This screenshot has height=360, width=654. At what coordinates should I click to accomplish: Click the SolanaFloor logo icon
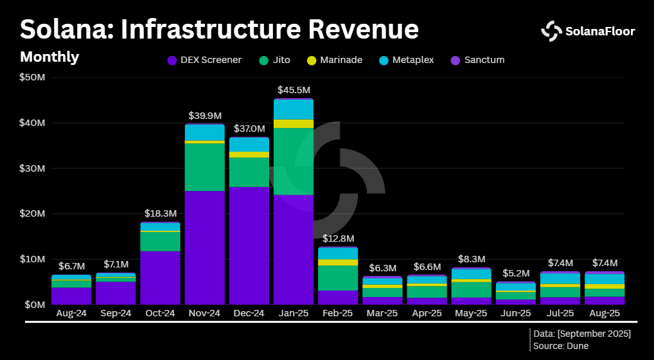[551, 30]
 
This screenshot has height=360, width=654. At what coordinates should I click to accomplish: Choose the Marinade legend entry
[335, 60]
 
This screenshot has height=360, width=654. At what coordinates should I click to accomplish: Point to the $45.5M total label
[293, 90]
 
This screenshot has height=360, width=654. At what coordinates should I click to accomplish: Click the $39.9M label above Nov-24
[204, 116]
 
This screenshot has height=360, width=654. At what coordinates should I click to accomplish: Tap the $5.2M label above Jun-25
[515, 273]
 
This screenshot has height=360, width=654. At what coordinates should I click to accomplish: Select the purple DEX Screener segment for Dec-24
[249, 245]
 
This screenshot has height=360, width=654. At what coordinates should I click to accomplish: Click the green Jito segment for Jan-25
[293, 161]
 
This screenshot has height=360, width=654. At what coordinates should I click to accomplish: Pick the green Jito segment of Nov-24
[204, 167]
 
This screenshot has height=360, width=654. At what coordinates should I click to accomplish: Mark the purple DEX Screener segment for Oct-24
[160, 277]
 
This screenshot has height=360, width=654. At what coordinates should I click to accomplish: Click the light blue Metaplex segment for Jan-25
[293, 110]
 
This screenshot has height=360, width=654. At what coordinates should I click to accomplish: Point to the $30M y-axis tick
[32, 168]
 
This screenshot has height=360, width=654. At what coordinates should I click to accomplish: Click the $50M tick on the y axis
[32, 78]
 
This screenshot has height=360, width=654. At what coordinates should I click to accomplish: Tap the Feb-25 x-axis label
[338, 314]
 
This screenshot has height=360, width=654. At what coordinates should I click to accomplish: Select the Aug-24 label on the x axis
[71, 314]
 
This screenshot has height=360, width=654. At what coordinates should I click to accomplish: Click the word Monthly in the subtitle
[49, 57]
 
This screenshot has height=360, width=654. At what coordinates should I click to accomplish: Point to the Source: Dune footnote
[561, 346]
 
